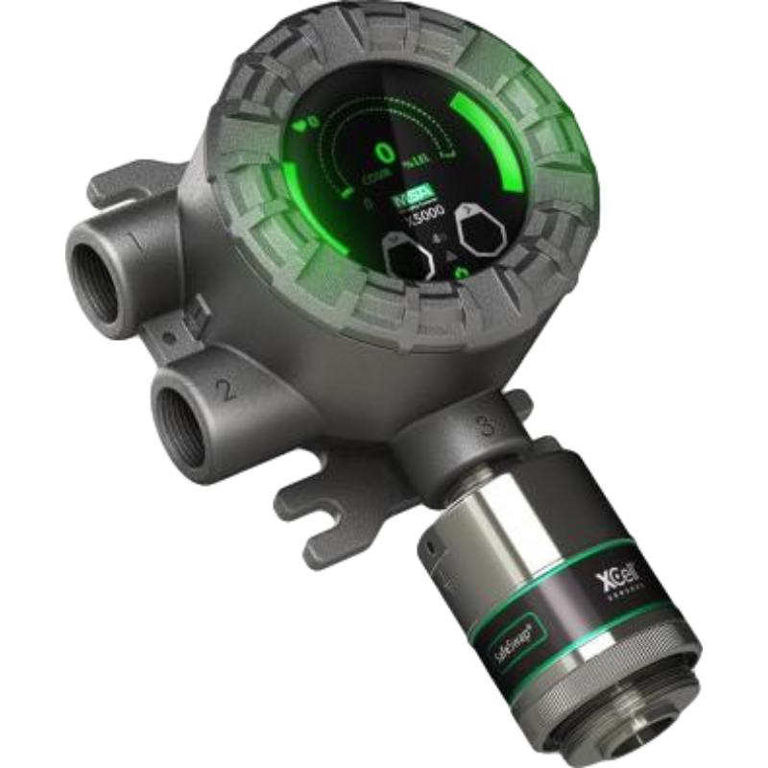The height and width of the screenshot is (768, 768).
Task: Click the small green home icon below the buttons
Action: click(x=462, y=275)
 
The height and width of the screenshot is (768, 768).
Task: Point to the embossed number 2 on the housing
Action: click(x=226, y=388)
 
